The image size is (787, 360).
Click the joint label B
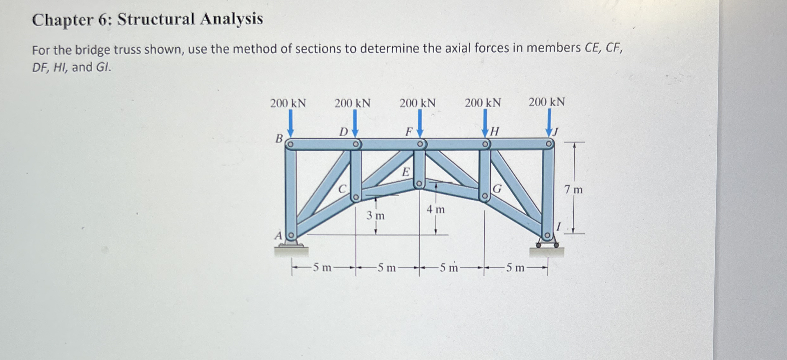[x=279, y=139]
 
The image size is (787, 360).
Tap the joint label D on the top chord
[x=343, y=132]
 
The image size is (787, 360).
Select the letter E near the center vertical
[x=406, y=172]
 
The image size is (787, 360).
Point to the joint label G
[x=497, y=189]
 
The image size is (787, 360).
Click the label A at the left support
[x=278, y=236]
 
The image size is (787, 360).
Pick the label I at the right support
[x=558, y=227]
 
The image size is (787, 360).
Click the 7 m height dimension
[x=574, y=190]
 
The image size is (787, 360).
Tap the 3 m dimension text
[x=375, y=216]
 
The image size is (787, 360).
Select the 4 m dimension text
[x=435, y=209]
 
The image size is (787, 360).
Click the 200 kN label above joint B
[x=288, y=103]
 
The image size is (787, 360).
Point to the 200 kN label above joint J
[x=547, y=102]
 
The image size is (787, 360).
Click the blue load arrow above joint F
[x=420, y=123]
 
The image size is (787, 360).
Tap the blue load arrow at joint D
[x=355, y=123]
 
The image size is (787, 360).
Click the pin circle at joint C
[x=356, y=197]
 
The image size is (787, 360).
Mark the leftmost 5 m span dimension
[x=322, y=267]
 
